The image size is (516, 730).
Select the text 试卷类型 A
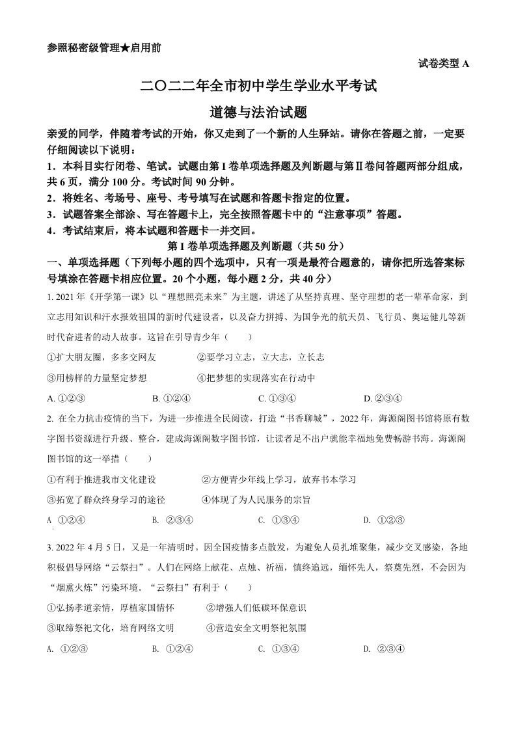click(442, 63)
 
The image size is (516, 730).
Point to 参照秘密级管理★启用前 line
click(105, 47)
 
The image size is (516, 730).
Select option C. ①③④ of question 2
click(278, 519)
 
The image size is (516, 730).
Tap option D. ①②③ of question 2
click(385, 519)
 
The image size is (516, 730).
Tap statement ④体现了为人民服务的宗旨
click(256, 499)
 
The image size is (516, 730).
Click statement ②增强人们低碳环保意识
click(256, 608)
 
